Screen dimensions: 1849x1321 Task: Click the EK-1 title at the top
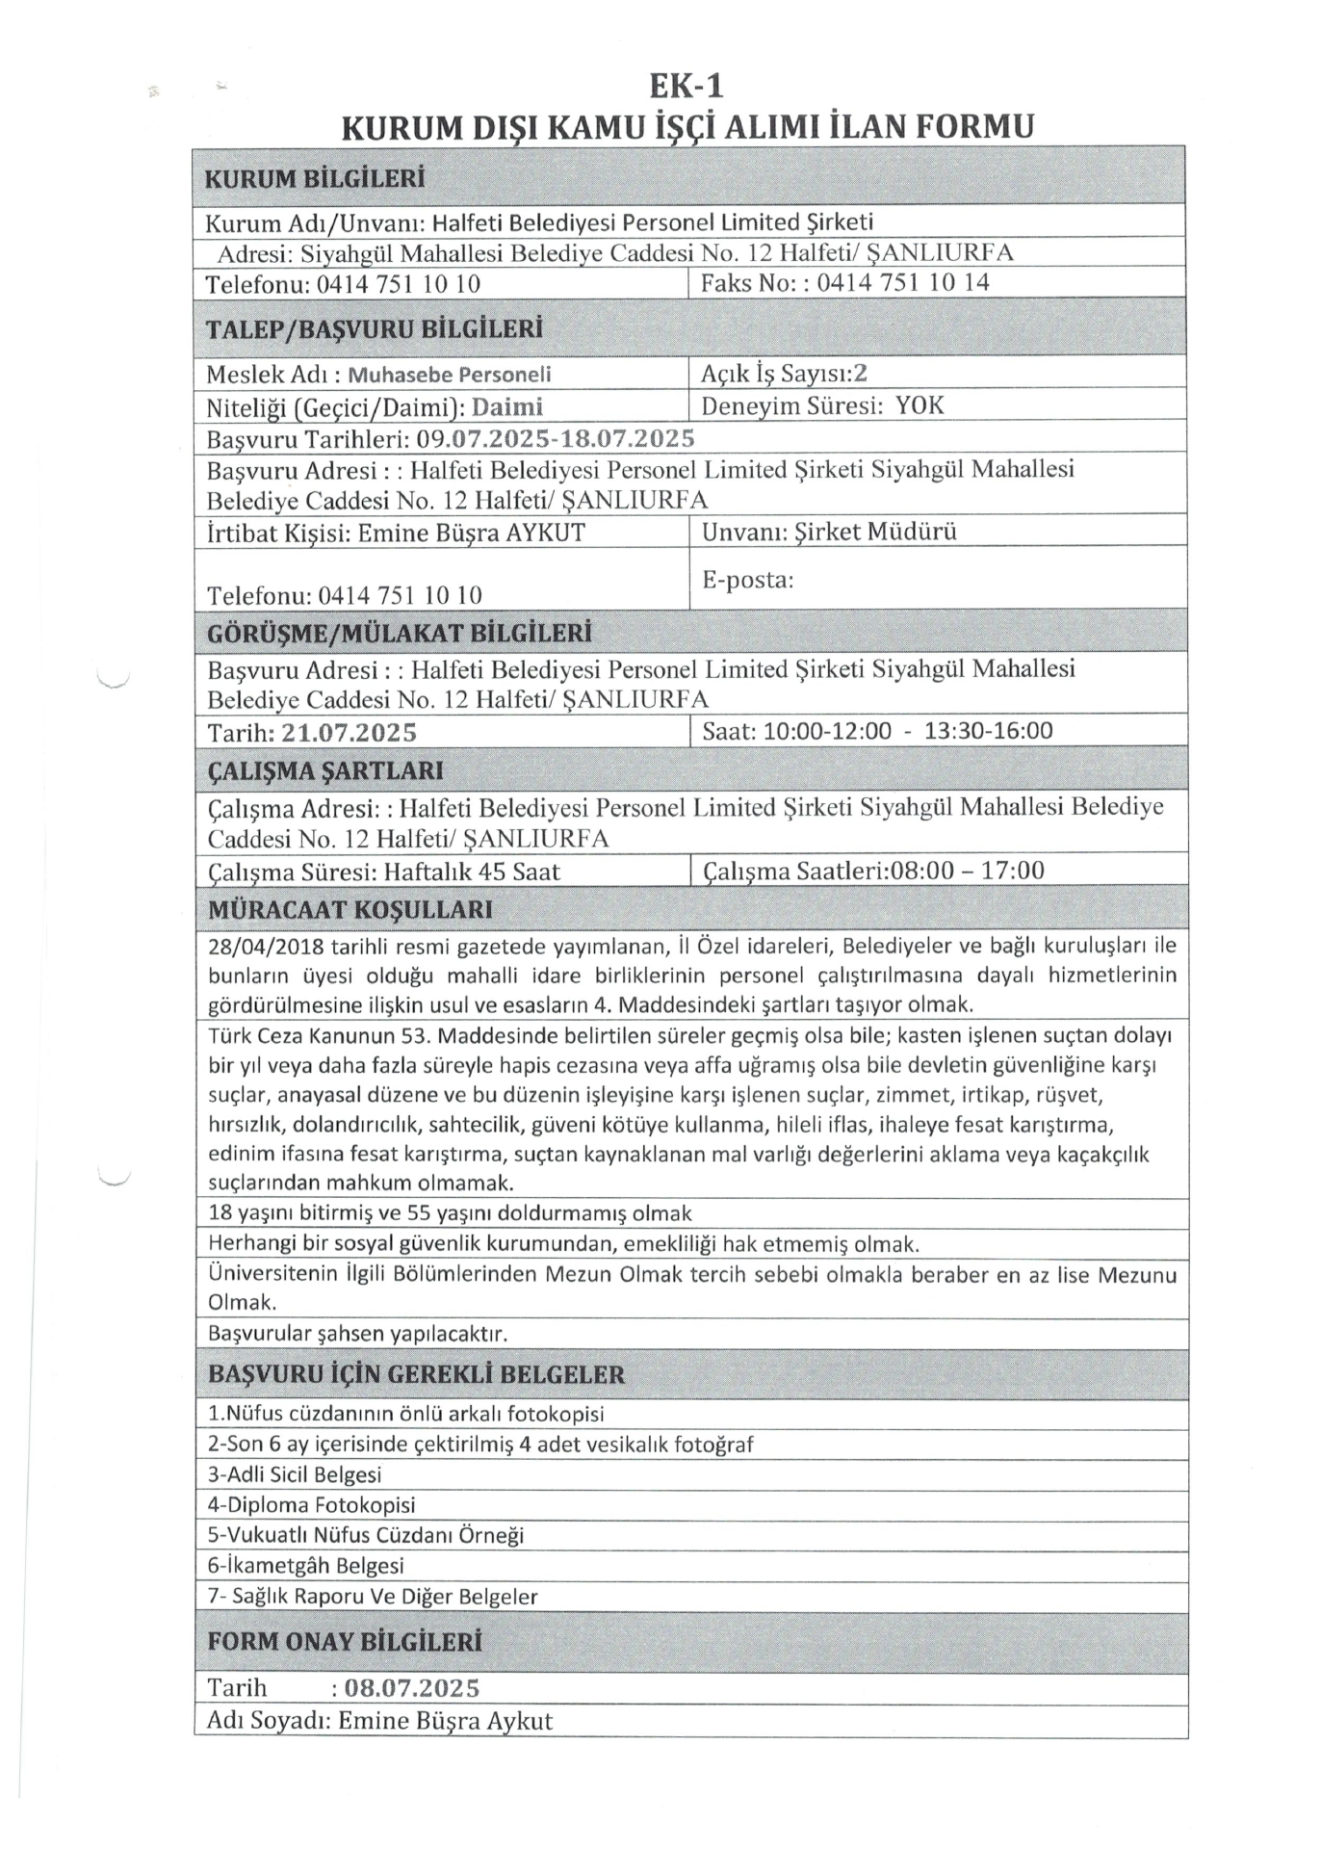tap(686, 87)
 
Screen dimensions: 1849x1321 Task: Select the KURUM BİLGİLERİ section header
tap(315, 179)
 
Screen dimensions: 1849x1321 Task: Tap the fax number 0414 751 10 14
tap(903, 283)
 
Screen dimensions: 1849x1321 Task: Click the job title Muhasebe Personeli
tap(450, 375)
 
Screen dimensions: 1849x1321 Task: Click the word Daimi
tap(507, 407)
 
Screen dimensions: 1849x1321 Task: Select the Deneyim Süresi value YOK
tap(920, 405)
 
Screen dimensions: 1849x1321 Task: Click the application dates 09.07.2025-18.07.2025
tap(556, 439)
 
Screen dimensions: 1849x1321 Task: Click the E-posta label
tap(747, 580)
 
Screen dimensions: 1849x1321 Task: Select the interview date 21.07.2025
tap(350, 733)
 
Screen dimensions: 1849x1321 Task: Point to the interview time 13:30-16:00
tap(988, 731)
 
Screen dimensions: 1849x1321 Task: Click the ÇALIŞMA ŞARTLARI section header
tap(325, 771)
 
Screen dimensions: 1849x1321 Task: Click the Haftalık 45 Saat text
tap(472, 872)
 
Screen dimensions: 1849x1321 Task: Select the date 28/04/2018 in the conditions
tap(266, 947)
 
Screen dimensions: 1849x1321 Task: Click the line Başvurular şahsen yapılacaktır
tap(357, 1334)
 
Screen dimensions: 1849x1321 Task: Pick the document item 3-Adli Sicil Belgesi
tap(295, 1474)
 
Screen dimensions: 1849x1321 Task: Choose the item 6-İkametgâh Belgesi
tap(306, 1566)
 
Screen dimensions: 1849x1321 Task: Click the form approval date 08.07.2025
tap(411, 1688)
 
